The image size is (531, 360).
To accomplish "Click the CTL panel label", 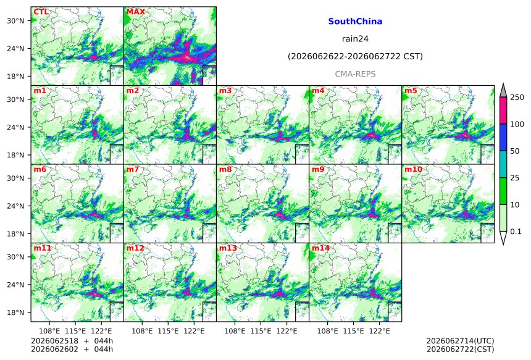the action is click(x=41, y=12).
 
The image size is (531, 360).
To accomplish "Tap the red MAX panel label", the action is click(x=135, y=12).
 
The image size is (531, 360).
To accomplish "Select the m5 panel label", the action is click(x=411, y=91).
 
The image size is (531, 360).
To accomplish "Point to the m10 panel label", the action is click(x=413, y=169).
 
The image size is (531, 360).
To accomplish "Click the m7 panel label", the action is click(x=133, y=169).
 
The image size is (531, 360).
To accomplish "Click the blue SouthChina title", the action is click(x=355, y=22).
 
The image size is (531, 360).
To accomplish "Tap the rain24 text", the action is click(x=355, y=39).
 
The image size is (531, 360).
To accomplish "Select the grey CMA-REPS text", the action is click(x=355, y=74).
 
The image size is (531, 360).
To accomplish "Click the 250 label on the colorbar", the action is click(x=517, y=98).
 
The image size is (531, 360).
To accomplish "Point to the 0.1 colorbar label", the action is click(x=516, y=232).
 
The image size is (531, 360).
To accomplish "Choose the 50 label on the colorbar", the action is click(x=514, y=151).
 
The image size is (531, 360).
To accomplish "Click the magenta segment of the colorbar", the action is click(x=503, y=111).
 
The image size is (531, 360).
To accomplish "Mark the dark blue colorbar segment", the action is click(x=503, y=138).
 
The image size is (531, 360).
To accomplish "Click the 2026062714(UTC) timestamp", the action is click(x=460, y=341).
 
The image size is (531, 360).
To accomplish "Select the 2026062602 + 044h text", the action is click(x=72, y=349).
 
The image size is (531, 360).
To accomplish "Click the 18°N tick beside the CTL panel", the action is click(x=16, y=77).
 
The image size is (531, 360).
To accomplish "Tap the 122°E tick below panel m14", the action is click(x=379, y=330).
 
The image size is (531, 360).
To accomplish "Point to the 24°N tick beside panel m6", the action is click(x=16, y=206).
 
